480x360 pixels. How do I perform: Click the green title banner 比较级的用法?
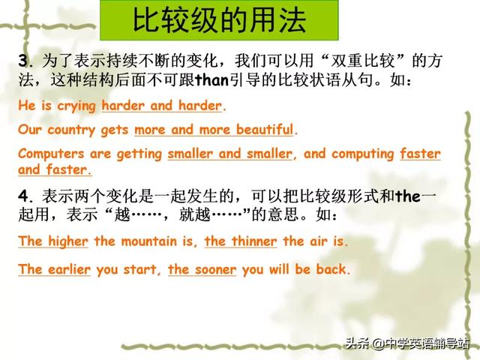pos(219,20)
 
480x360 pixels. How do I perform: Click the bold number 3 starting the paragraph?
pos(23,61)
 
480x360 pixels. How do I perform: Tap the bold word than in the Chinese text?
pos(211,80)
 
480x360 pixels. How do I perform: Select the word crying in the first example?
pos(76,106)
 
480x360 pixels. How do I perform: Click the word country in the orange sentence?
pos(72,130)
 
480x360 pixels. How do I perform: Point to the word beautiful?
pos(265,129)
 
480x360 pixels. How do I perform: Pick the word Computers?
pos(51,154)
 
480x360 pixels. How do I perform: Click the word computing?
pos(363,154)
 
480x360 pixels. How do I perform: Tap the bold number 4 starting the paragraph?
pos(23,196)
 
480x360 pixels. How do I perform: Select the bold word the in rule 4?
pos(408,196)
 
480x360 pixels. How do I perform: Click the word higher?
pos(68,241)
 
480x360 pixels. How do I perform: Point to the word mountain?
pos(149,241)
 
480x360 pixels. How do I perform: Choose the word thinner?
pos(254,241)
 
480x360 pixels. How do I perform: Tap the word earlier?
pos(69,269)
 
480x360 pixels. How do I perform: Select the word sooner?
pos(215,270)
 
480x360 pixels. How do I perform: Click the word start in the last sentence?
pos(140,270)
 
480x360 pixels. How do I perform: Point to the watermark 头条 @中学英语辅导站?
pos(407,343)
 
